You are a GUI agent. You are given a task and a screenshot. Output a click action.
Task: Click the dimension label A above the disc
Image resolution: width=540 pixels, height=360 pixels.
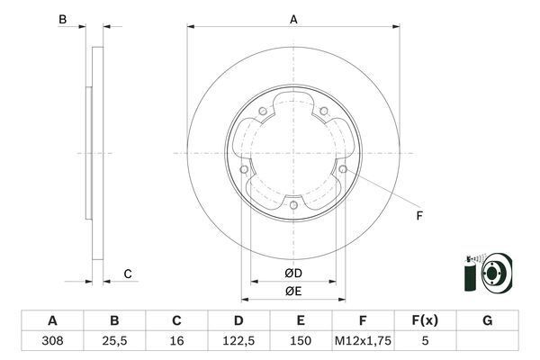[293, 18]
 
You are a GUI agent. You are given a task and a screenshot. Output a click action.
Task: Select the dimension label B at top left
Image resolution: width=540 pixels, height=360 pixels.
[62, 20]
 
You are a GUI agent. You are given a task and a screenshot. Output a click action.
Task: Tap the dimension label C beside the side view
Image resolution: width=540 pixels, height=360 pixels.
[128, 274]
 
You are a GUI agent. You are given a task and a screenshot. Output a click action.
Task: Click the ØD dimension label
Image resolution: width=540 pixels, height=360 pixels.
[293, 273]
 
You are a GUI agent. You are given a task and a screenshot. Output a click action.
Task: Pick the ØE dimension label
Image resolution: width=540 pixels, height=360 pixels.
[293, 291]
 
